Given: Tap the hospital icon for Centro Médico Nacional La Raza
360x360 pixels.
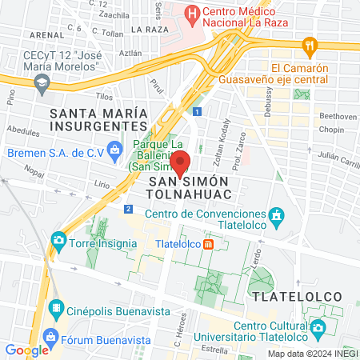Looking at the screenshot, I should pyautogui.click(x=191, y=13).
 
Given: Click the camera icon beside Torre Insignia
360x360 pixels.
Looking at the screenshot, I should pyautogui.click(x=58, y=239).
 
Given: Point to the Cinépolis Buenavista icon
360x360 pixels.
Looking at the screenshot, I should pyautogui.click(x=57, y=307).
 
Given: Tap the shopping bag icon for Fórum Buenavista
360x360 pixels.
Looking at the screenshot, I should pyautogui.click(x=52, y=335).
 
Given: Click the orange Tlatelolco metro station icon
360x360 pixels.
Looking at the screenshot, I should pyautogui.click(x=208, y=244).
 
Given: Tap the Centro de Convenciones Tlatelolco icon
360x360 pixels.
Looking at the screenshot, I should pyautogui.click(x=277, y=216).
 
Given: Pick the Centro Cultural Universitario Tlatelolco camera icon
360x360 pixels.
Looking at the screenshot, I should pyautogui.click(x=318, y=326).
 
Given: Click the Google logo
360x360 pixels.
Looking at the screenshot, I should pyautogui.click(x=26, y=350).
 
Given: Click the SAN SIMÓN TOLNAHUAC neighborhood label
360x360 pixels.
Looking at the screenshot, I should pyautogui.click(x=190, y=189).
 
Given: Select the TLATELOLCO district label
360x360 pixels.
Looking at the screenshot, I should pyautogui.click(x=297, y=296).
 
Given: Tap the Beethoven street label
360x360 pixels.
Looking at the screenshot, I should pyautogui.click(x=337, y=116).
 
